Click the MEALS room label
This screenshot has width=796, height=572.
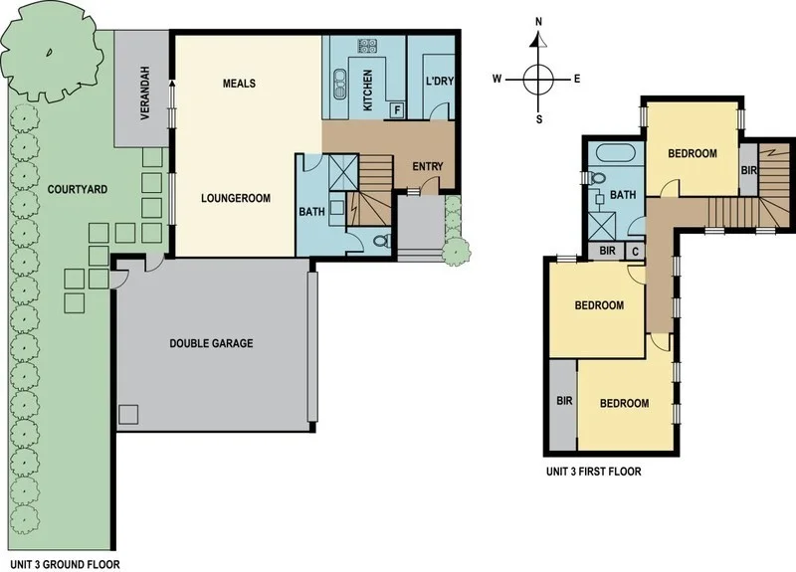tap(239, 84)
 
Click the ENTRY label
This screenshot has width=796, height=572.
tap(427, 166)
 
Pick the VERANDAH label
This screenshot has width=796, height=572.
tap(144, 99)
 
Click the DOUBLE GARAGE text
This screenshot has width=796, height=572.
tap(211, 343)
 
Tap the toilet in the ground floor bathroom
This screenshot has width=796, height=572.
tap(379, 240)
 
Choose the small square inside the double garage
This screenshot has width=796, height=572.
tap(128, 413)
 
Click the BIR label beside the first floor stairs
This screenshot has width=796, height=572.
tap(749, 171)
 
